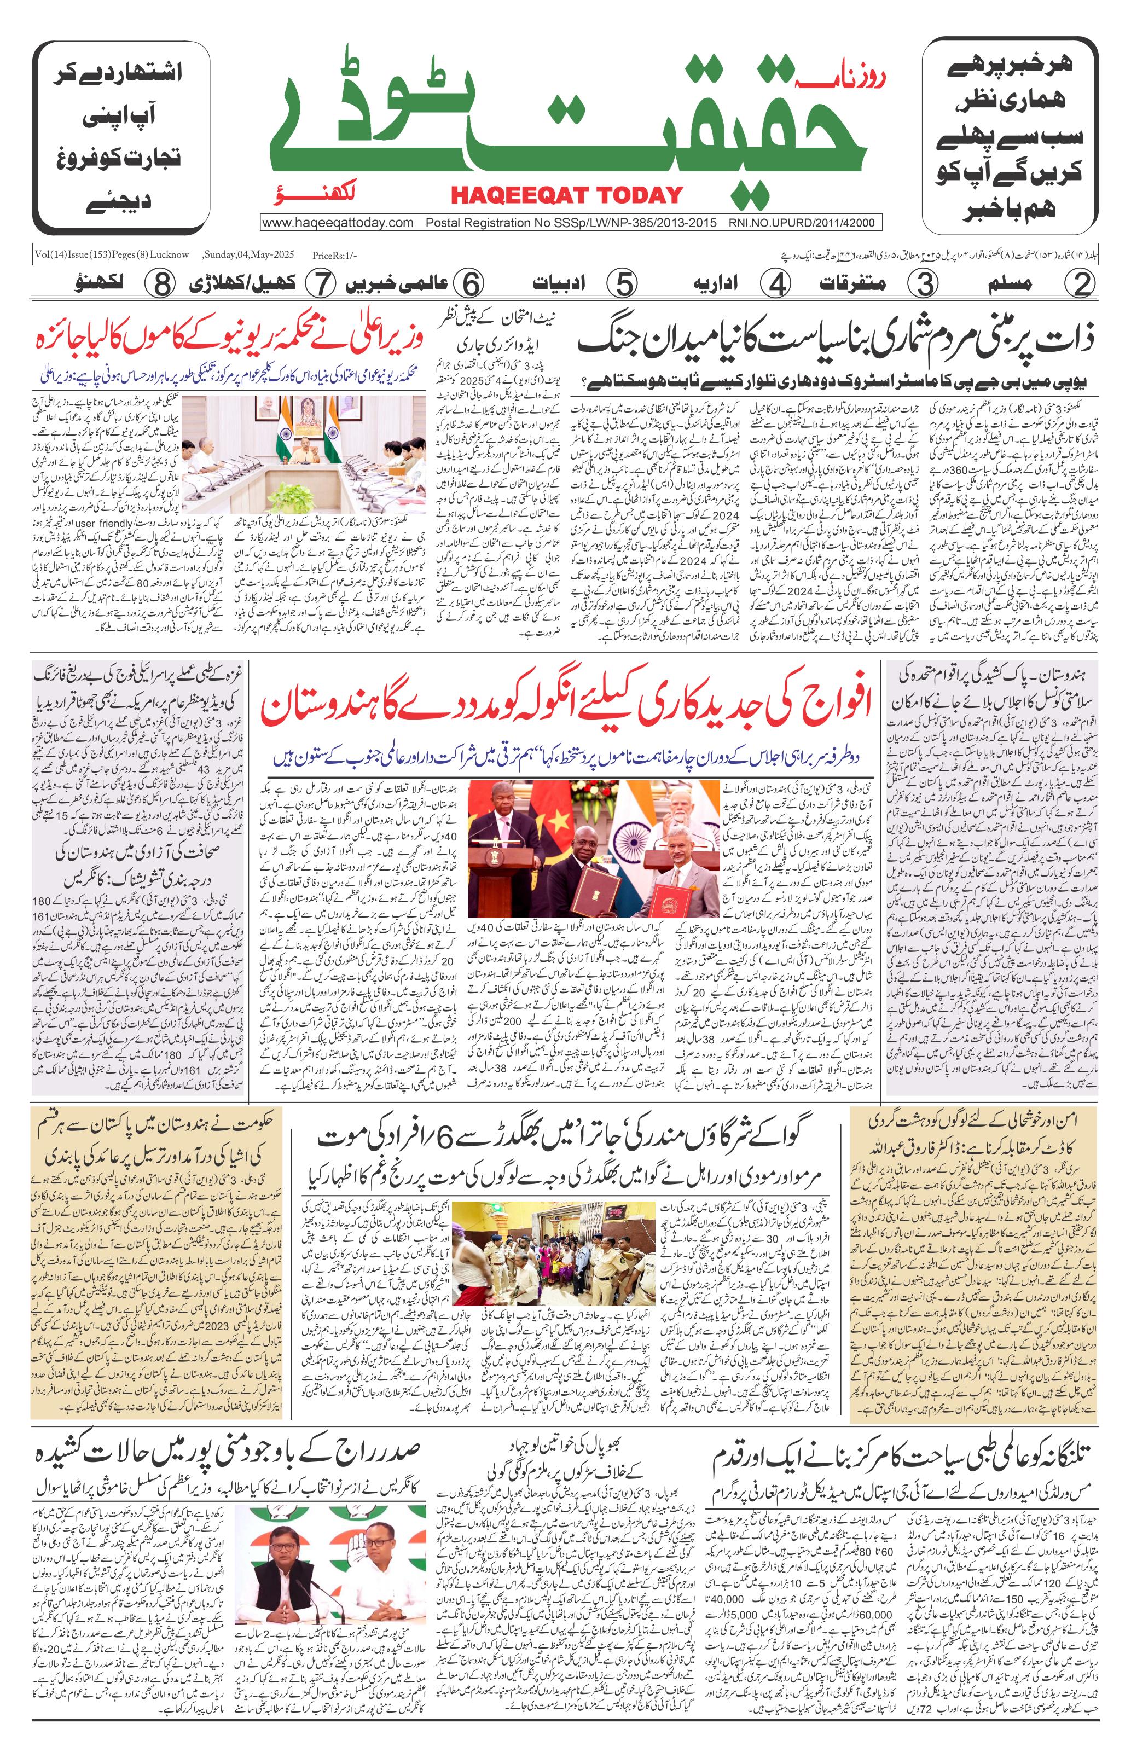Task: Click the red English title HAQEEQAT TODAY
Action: [x=566, y=195]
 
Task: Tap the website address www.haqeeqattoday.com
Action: [x=338, y=223]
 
